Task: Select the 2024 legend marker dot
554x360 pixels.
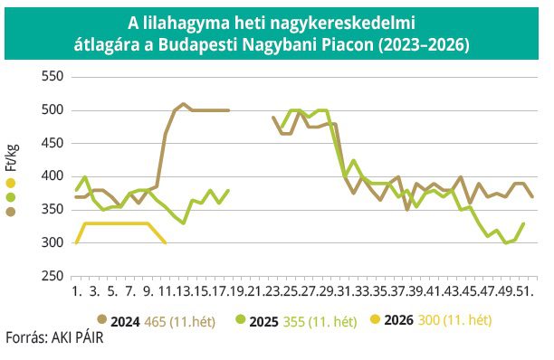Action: click(x=101, y=319)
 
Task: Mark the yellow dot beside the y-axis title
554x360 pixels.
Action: click(x=11, y=184)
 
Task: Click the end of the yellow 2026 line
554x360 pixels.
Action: click(x=165, y=243)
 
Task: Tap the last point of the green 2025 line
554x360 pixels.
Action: click(x=522, y=223)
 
